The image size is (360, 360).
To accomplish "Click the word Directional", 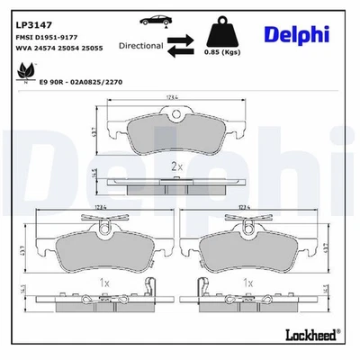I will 140,45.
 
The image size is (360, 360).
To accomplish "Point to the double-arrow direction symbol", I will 181,46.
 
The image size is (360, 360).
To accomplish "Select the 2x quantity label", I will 178,167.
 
